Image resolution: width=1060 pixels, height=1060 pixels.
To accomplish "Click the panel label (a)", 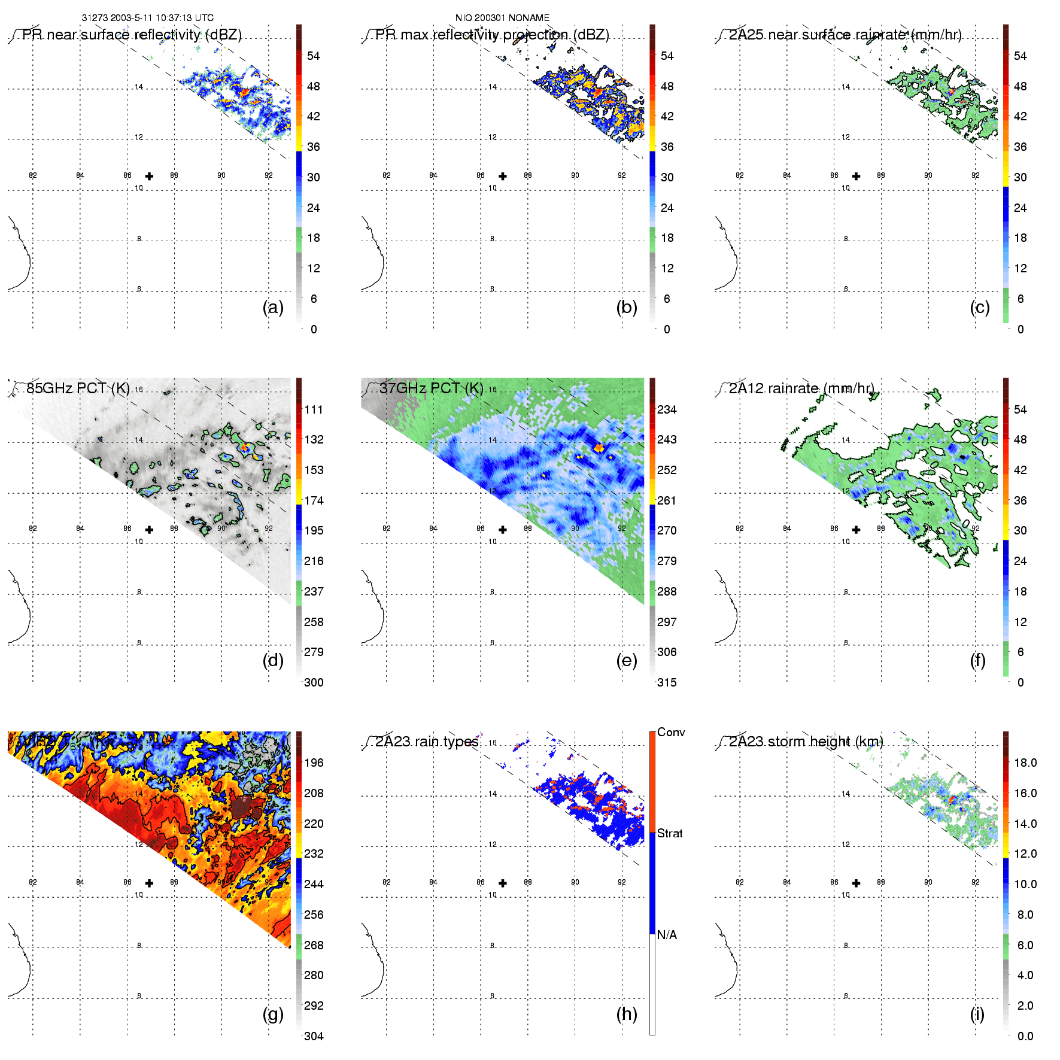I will click(273, 308).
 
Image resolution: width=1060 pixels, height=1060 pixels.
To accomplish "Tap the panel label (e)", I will click(626, 661).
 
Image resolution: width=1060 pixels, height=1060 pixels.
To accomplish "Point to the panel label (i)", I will click(977, 1015).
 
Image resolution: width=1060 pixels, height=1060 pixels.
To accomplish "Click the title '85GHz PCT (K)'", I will click(78, 388).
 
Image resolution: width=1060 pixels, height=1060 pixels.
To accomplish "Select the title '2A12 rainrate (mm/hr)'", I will click(801, 388).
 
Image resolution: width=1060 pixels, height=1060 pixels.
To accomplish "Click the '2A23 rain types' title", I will click(427, 742).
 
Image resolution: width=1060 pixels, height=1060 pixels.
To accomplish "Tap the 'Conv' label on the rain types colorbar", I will click(671, 732).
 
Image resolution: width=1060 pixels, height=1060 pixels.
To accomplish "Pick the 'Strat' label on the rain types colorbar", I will click(670, 833).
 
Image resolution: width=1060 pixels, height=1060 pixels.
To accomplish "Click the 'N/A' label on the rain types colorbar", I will click(667, 935).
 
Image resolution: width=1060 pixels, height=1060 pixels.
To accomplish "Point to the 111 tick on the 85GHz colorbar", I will click(314, 409).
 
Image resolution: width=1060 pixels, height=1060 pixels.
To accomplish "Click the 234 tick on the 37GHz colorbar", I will click(667, 409).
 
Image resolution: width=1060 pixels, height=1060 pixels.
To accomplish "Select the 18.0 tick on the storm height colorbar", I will click(1025, 763).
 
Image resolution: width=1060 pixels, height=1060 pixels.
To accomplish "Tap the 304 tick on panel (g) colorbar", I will click(314, 1036).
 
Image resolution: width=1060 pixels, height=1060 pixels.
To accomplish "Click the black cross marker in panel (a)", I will click(149, 176).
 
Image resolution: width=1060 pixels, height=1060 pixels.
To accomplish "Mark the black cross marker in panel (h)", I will click(503, 883).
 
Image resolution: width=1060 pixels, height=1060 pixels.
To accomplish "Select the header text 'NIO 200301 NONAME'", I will click(502, 18).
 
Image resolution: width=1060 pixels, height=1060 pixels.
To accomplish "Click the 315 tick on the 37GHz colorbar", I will click(667, 682).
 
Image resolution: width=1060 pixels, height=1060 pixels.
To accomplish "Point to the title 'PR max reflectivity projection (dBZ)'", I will click(492, 35).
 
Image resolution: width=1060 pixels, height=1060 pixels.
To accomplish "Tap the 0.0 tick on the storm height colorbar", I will click(1025, 1036).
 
